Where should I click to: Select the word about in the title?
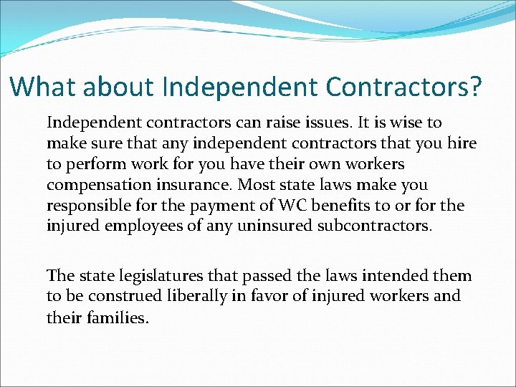[119, 87]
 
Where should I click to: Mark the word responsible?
[88, 206]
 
